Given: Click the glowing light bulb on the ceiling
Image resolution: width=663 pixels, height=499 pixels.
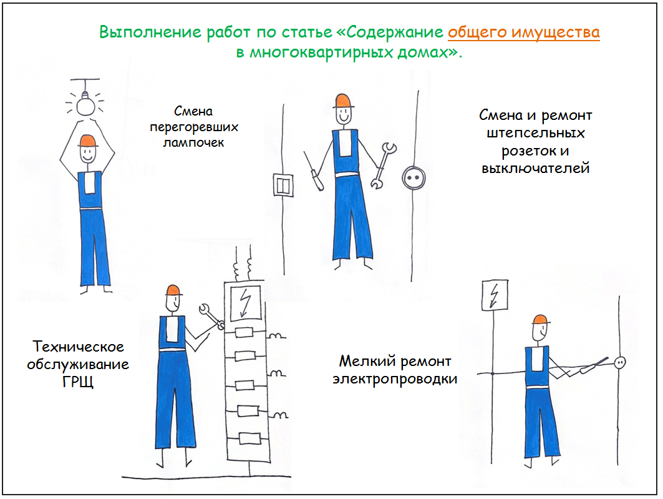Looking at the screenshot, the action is (x=85, y=104).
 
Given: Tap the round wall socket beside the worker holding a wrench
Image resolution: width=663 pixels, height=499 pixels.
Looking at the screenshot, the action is (x=413, y=178).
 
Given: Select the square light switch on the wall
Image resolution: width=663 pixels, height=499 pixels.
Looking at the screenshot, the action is (x=283, y=184).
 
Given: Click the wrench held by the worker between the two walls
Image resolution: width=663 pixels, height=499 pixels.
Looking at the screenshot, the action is (x=384, y=166).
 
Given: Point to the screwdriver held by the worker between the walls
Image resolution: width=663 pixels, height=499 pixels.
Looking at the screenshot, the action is (x=313, y=171).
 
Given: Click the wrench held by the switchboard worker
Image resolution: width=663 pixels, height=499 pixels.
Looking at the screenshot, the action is (x=211, y=316).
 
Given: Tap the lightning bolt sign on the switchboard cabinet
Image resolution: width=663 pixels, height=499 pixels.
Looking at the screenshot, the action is (x=245, y=303).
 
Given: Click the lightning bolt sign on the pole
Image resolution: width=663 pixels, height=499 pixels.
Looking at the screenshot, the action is (x=495, y=295).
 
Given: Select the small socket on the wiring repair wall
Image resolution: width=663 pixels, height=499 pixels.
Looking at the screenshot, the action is (x=620, y=362).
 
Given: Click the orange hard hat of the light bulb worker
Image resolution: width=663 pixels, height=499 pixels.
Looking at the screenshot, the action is (x=87, y=141).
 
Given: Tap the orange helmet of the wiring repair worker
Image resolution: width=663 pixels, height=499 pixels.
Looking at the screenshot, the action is (x=541, y=320).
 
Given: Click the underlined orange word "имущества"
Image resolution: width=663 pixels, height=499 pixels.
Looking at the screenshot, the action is (x=555, y=32).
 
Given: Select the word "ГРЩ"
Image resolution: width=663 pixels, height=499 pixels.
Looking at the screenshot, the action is (x=78, y=382).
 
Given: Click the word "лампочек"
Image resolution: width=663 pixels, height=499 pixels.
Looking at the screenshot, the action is (x=193, y=142).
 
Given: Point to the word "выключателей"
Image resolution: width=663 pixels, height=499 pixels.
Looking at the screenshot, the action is (x=535, y=168).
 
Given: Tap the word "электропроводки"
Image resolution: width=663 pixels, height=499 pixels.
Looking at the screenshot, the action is (x=395, y=379).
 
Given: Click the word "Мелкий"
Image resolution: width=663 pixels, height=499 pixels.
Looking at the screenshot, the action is (x=367, y=361).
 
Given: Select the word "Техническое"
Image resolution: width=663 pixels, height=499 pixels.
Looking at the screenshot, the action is (x=79, y=347).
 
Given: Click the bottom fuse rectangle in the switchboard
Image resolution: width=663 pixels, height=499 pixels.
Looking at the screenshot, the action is (x=249, y=438).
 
